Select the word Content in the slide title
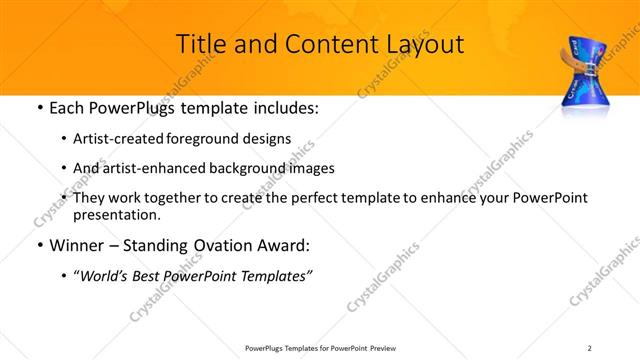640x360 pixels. click(x=321, y=44)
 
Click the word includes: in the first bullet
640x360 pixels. click(x=282, y=107)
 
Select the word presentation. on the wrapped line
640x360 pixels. click(x=116, y=214)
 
